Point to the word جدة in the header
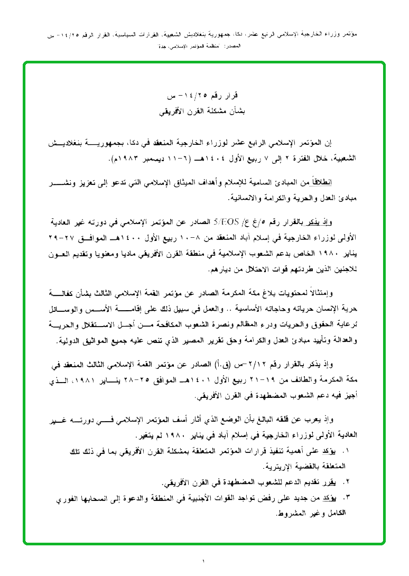pos(163,47)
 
